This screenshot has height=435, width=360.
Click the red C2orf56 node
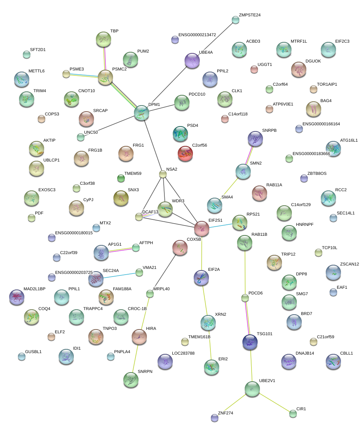click(x=185, y=153)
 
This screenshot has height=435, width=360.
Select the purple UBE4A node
click(x=192, y=61)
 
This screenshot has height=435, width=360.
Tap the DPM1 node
click(x=142, y=113)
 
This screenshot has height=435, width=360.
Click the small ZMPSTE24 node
click(x=236, y=20)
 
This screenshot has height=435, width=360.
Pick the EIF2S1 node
click(x=201, y=228)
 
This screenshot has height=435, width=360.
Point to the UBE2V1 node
click(x=252, y=389)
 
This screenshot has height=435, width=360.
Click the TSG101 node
click(x=250, y=342)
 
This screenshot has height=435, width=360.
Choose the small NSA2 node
click(x=163, y=174)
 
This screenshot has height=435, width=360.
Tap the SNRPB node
click(x=255, y=139)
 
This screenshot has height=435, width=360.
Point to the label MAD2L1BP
click(x=34, y=289)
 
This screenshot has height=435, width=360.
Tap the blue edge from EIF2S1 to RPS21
click(x=221, y=225)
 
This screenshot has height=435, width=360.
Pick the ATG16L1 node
click(x=333, y=149)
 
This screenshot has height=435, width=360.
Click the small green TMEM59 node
click(x=121, y=178)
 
